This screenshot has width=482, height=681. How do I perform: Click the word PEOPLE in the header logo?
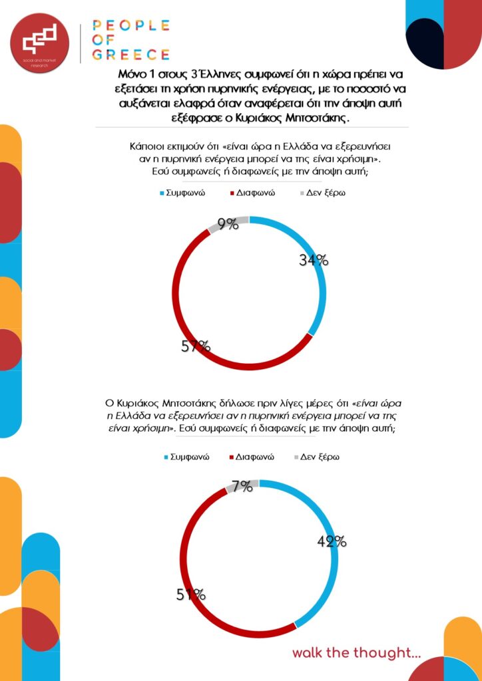click(x=131, y=26)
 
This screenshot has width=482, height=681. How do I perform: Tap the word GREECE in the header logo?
click(x=131, y=54)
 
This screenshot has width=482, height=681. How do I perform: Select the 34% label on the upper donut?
click(x=314, y=261)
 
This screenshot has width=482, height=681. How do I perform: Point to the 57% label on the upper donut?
click(x=196, y=346)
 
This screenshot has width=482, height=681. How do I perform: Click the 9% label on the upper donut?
click(x=228, y=224)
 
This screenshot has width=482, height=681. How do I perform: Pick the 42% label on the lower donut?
click(x=332, y=541)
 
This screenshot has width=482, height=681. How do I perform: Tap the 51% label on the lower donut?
click(x=191, y=595)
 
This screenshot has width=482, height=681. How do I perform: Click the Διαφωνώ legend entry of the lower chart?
click(x=256, y=458)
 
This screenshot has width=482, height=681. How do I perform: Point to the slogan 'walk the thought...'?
click(x=356, y=653)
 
